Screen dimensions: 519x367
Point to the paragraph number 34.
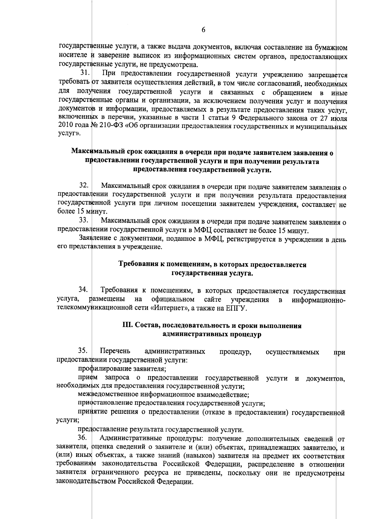click(x=84, y=289)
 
